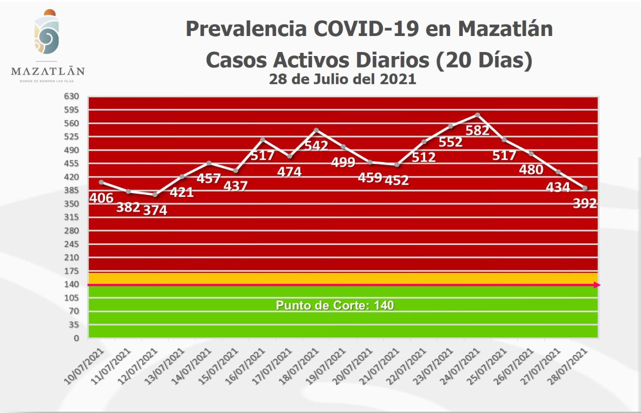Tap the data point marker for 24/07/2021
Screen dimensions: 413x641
coord(478,115)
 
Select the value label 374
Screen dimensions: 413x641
coord(155,210)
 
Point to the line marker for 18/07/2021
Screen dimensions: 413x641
coord(316,130)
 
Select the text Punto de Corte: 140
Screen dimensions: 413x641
coord(335,305)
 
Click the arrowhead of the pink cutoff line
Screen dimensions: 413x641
coord(597,285)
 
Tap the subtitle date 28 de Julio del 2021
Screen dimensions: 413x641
coord(343,79)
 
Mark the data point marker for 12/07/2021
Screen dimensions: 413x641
coord(155,194)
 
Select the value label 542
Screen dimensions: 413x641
coord(316,145)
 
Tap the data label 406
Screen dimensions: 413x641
coord(101,198)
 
